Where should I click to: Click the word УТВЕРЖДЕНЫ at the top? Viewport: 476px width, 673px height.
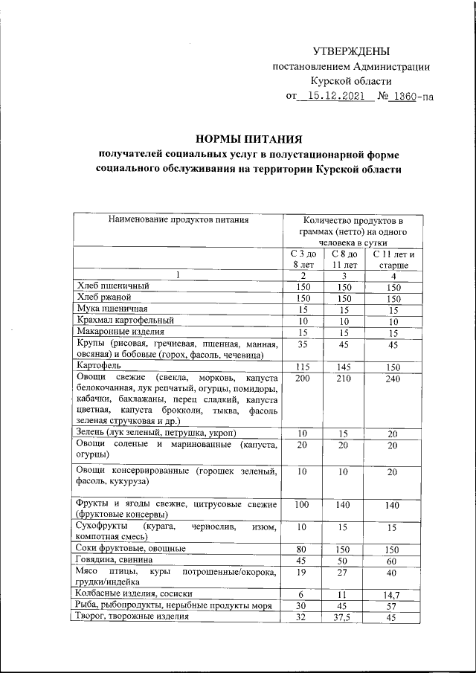coord(350,51)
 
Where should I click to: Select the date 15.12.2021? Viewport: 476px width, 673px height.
coord(335,97)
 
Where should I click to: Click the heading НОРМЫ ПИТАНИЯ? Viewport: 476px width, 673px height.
coord(248,138)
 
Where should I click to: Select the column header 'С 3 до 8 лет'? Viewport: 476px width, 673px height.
coord(303,260)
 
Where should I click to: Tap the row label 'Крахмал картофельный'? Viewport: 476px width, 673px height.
coord(123,320)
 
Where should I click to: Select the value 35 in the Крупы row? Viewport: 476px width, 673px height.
coord(303,344)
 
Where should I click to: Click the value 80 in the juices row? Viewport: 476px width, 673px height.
coord(303,548)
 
